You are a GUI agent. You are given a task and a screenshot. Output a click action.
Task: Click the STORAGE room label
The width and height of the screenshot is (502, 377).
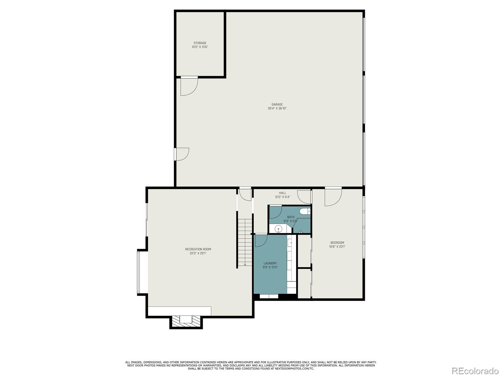(x=200, y=43)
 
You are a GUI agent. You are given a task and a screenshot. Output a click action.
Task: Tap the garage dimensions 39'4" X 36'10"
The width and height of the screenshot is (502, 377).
(x=277, y=108)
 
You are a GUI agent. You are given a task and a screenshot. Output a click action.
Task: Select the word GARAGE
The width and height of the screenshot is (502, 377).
(x=277, y=104)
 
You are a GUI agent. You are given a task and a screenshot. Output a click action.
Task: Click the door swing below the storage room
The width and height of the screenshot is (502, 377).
(x=189, y=86)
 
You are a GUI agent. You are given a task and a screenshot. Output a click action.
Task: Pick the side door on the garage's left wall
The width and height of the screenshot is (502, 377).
(x=182, y=154)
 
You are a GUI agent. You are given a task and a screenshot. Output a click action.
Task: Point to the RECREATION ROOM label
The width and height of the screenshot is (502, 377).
(x=198, y=249)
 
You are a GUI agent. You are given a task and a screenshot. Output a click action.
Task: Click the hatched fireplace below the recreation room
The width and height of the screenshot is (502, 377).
(x=186, y=321)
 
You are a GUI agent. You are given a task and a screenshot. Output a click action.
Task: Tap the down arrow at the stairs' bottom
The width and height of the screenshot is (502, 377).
(x=245, y=264)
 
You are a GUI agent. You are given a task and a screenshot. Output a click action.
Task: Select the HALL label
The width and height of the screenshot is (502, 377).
(x=282, y=193)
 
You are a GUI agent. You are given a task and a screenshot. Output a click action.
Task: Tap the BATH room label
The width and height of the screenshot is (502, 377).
(x=291, y=217)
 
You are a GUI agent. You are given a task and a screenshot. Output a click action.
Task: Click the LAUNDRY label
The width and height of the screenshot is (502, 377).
(x=270, y=263)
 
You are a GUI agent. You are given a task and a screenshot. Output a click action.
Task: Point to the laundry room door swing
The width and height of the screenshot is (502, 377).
(x=261, y=240)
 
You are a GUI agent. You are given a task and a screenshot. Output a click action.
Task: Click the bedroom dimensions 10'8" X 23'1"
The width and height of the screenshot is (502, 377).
(x=337, y=247)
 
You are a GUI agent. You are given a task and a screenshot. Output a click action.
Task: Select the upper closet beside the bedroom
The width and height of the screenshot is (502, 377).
(x=304, y=251)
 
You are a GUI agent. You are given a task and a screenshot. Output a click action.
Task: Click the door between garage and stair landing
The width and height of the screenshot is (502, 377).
(x=245, y=194)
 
